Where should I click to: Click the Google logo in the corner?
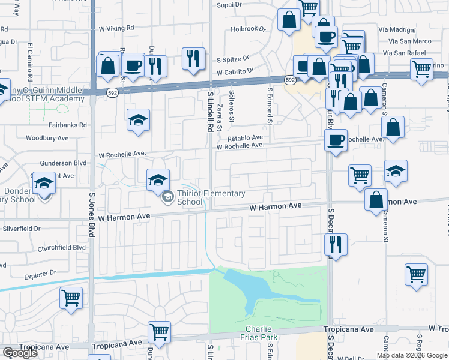20,353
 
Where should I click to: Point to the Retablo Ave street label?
244,137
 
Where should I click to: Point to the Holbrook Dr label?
247,28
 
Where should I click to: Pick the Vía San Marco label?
410,41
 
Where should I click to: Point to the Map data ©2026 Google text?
412,355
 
